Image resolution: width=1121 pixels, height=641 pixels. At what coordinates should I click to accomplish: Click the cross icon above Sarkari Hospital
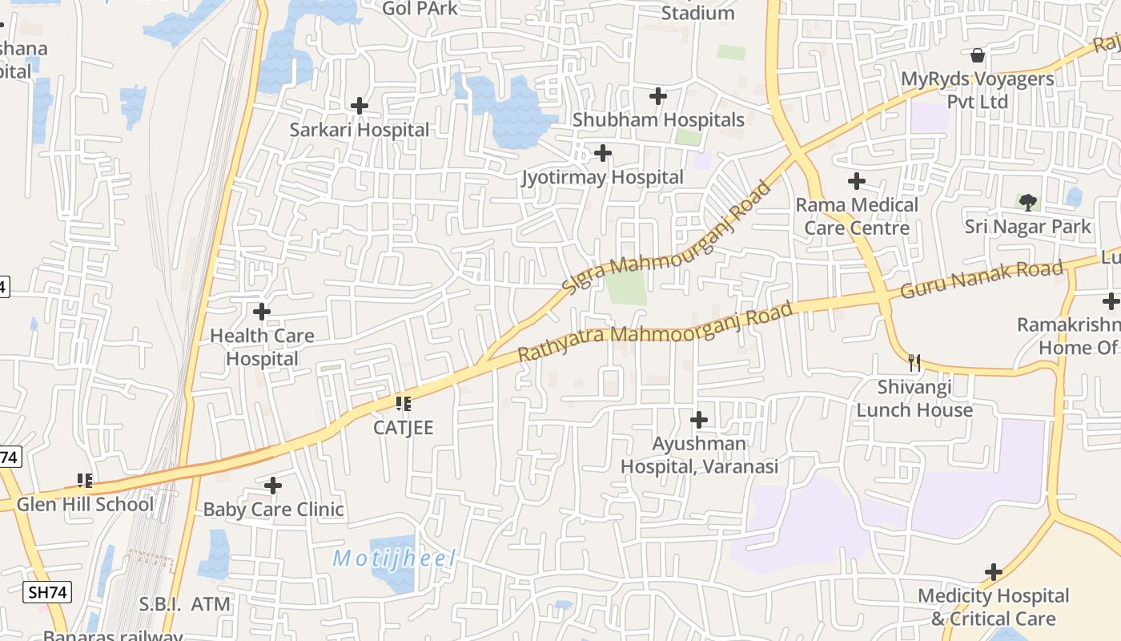[360, 105]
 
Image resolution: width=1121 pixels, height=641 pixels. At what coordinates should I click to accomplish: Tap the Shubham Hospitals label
[658, 120]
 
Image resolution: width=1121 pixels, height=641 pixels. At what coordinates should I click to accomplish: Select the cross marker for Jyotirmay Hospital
[603, 152]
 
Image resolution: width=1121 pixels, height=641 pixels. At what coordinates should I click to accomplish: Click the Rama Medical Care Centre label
[857, 216]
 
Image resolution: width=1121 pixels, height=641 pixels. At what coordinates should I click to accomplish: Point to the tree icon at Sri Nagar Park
[1027, 203]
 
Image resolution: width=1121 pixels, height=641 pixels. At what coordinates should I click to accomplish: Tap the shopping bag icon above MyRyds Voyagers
[977, 55]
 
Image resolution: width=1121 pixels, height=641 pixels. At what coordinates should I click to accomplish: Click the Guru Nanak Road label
[982, 279]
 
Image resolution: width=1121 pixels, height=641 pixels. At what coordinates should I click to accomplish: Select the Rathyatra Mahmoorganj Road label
[656, 330]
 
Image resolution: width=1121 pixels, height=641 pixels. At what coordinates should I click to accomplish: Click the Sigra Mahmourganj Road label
[666, 237]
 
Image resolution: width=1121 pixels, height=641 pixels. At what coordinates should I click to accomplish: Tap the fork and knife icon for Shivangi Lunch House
[914, 363]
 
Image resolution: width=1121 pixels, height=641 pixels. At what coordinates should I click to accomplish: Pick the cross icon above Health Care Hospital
[262, 312]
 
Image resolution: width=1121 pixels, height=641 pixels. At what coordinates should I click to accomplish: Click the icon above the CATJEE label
[403, 403]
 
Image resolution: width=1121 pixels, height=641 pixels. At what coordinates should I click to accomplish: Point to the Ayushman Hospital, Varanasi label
[699, 454]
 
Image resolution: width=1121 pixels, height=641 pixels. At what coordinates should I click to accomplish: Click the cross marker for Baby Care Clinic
[273, 486]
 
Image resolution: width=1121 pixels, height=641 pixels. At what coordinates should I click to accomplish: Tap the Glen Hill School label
[85, 505]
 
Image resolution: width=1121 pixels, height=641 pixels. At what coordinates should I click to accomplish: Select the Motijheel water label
[394, 558]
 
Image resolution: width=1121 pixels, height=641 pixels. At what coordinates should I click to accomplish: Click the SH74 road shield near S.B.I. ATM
[47, 593]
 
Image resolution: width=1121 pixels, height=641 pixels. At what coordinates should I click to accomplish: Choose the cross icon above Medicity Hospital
[994, 572]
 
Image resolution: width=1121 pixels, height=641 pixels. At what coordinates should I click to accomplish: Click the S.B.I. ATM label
[184, 604]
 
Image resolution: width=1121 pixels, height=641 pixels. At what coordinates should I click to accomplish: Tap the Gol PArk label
[420, 9]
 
